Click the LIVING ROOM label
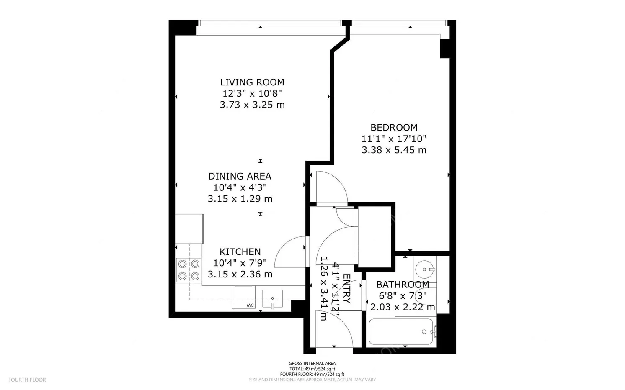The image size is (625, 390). click(252, 82)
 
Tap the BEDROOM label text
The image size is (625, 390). click(394, 127)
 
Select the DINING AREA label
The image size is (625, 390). click(240, 176)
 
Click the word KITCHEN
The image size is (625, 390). click(240, 251)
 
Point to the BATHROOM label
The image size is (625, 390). click(402, 285)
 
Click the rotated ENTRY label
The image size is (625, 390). click(346, 289)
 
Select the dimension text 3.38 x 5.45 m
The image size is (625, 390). click(394, 150)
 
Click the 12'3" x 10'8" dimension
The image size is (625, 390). click(252, 93)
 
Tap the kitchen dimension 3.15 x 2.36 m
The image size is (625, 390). click(240, 275)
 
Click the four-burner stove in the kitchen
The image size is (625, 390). click(189, 270)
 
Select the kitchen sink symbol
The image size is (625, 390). click(272, 299)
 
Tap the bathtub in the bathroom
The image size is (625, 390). click(401, 332)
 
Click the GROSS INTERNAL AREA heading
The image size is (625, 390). click(312, 364)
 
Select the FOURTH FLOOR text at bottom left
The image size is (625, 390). click(27, 380)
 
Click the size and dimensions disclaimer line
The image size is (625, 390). click(312, 380)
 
